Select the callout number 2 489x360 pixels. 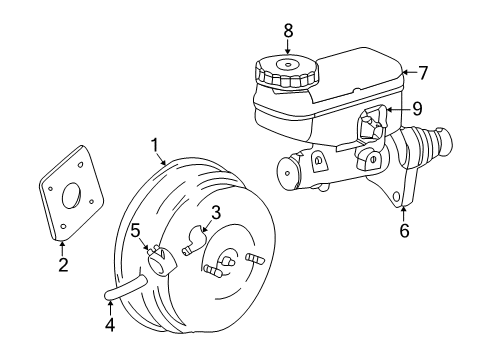tap(62, 265)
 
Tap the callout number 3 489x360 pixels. tap(215, 212)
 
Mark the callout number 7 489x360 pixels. tap(422, 72)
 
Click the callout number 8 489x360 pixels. tap(288, 30)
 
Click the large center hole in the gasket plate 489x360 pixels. tap(70, 197)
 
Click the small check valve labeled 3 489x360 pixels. tap(196, 239)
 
